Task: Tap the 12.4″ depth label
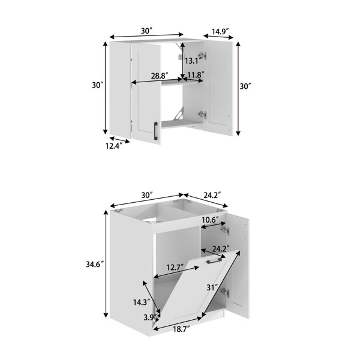[x=113, y=146]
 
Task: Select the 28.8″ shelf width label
[x=160, y=76]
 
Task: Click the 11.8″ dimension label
[x=196, y=75]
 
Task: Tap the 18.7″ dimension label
[x=181, y=329]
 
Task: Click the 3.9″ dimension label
[x=150, y=317]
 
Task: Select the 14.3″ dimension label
[x=142, y=302]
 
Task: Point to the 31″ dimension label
[x=212, y=287]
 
